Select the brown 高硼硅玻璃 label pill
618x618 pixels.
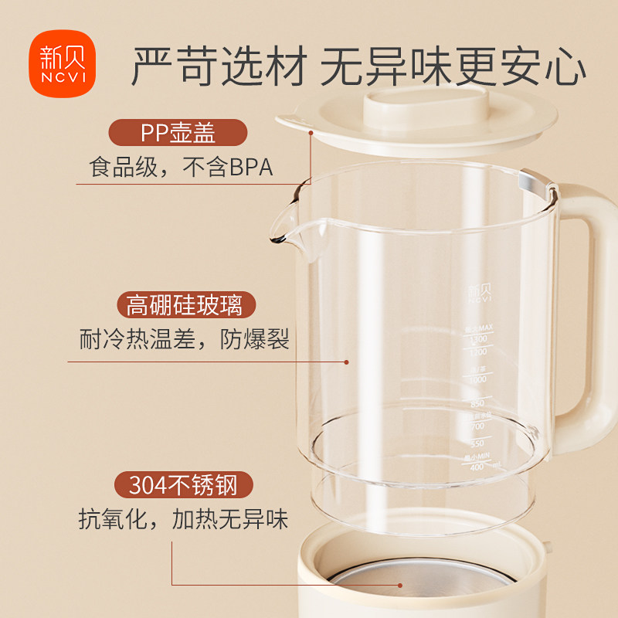click(185, 304)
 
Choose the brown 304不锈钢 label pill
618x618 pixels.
click(184, 485)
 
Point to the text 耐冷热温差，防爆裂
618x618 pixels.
click(185, 340)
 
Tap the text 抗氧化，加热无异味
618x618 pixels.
click(184, 520)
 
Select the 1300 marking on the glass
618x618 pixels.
click(476, 339)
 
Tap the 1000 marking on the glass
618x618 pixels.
click(477, 379)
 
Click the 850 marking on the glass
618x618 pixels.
click(477, 404)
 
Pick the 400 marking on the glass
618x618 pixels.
click(477, 467)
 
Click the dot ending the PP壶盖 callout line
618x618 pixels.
click(311, 132)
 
